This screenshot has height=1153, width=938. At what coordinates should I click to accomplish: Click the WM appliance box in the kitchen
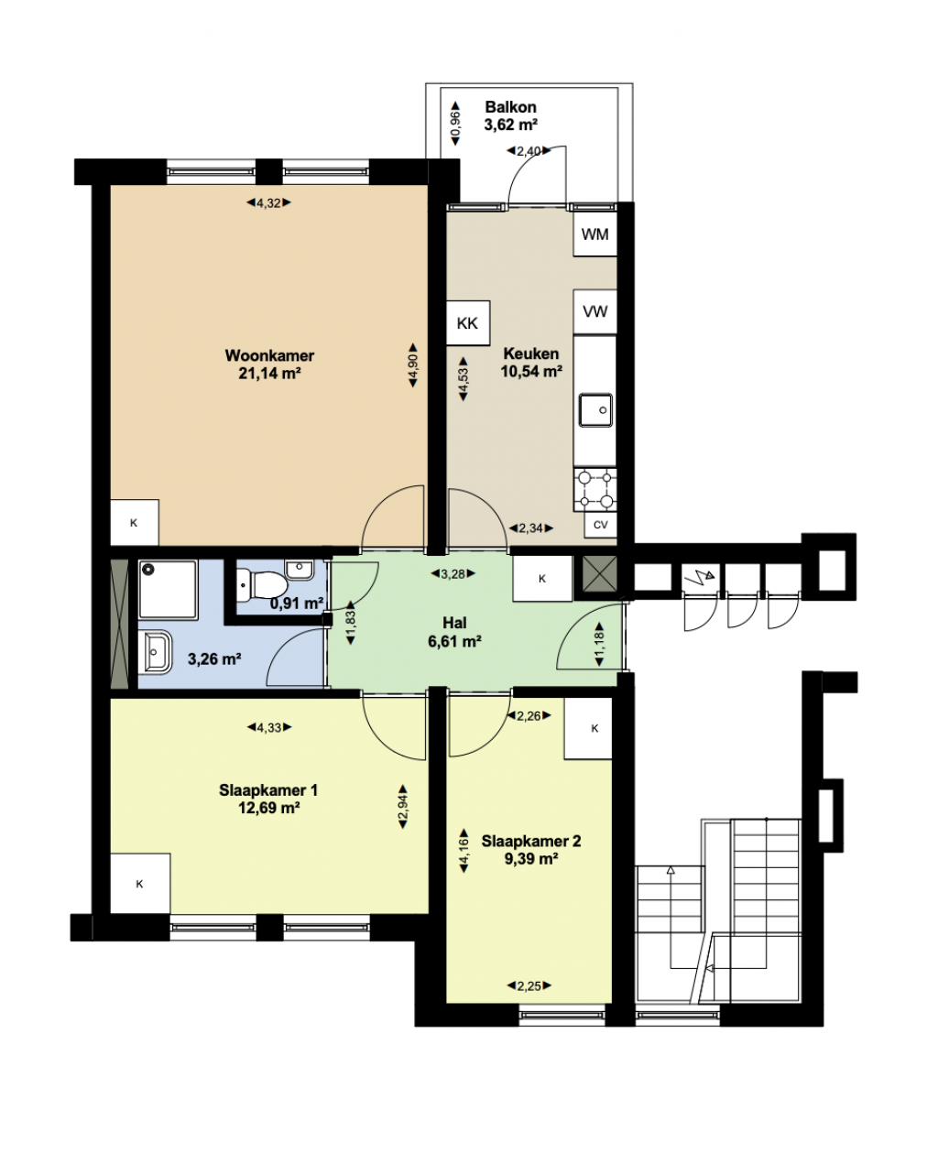pyautogui.click(x=594, y=234)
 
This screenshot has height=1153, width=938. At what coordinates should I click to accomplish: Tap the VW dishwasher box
pyautogui.click(x=594, y=311)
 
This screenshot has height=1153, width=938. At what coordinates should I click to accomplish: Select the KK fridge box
pyautogui.click(x=468, y=323)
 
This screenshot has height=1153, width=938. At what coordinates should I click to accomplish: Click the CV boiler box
pyautogui.click(x=600, y=525)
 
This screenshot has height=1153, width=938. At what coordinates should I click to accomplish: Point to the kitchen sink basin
pyautogui.click(x=595, y=409)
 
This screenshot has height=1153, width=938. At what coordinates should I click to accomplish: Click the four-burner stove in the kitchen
pyautogui.click(x=595, y=490)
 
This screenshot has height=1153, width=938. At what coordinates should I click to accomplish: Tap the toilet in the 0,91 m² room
pyautogui.click(x=262, y=584)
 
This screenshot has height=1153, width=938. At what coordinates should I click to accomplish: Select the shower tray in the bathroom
pyautogui.click(x=168, y=590)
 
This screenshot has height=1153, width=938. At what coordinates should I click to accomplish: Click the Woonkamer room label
pyautogui.click(x=269, y=355)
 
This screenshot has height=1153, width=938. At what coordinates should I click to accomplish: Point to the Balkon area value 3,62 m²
pyautogui.click(x=510, y=125)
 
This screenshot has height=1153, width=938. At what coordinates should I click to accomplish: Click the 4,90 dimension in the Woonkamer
pyautogui.click(x=413, y=364)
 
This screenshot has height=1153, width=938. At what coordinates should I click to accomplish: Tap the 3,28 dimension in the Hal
pyautogui.click(x=453, y=574)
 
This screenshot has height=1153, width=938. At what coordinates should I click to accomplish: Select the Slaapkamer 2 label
pyautogui.click(x=531, y=841)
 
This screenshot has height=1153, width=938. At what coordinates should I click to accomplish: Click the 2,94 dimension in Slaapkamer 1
pyautogui.click(x=403, y=807)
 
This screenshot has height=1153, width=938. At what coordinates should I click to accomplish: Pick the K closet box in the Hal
pyautogui.click(x=542, y=579)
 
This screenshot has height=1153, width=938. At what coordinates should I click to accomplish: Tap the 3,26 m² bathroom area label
pyautogui.click(x=214, y=658)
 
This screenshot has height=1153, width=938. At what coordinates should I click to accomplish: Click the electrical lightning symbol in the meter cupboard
pyautogui.click(x=699, y=581)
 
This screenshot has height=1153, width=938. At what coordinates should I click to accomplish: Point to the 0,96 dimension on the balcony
pyautogui.click(x=456, y=124)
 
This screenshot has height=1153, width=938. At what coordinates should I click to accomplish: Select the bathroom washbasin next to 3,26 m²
pyautogui.click(x=155, y=652)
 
